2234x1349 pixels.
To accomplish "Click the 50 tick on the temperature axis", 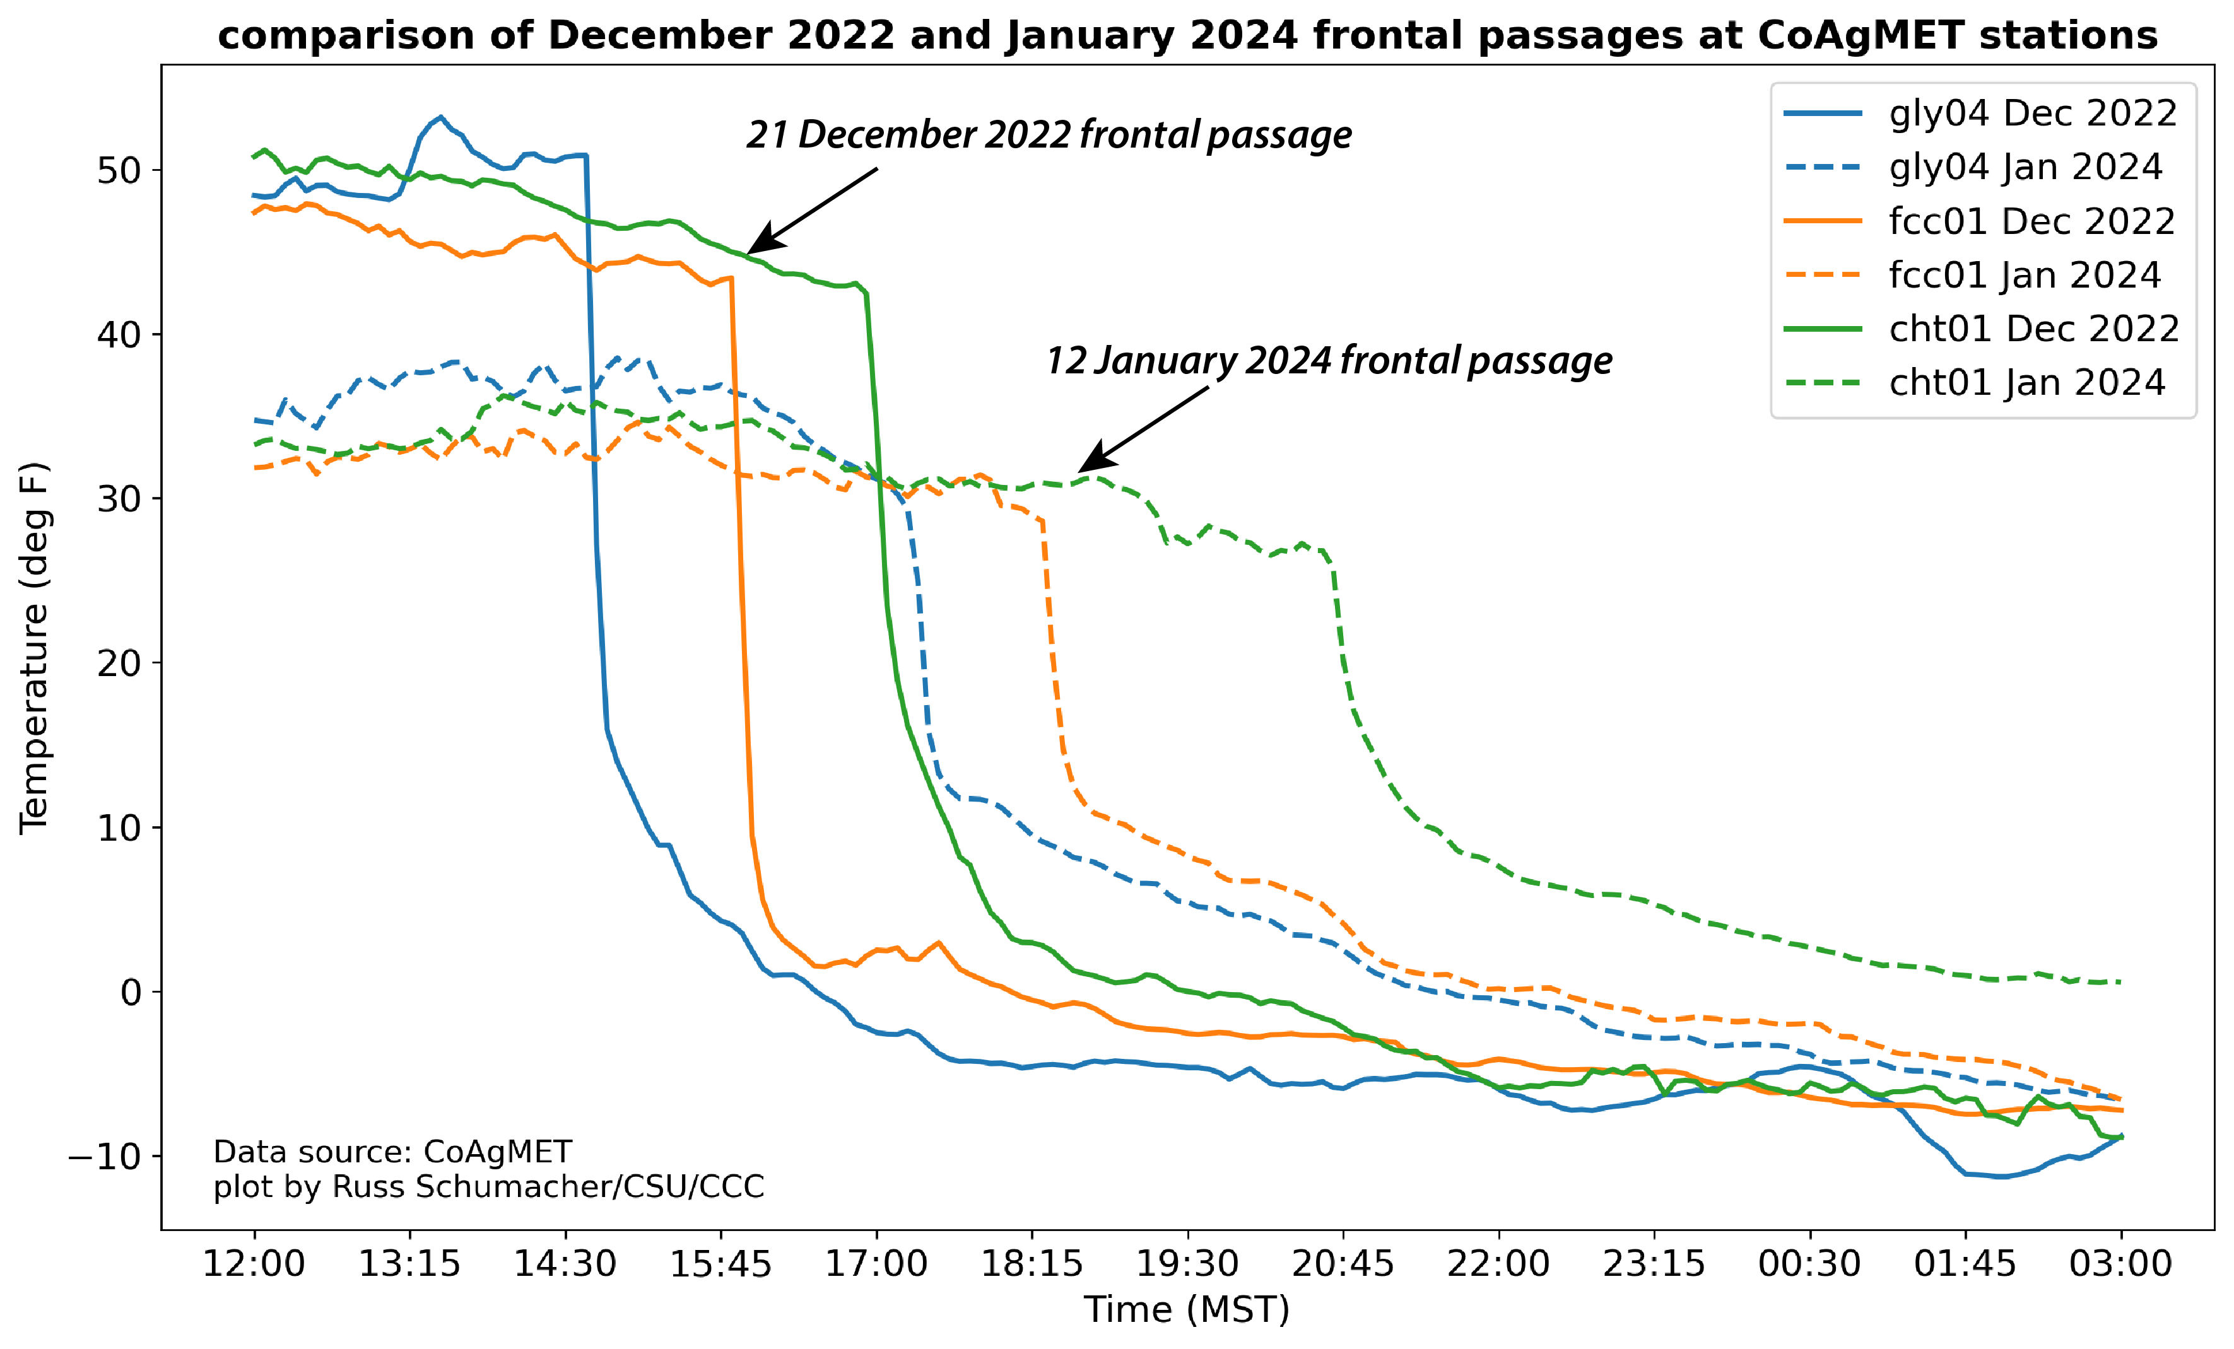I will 119,170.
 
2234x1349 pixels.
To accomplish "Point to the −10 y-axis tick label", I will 104,1157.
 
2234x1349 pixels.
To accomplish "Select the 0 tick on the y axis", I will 131,993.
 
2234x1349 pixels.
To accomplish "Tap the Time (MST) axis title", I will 1187,1310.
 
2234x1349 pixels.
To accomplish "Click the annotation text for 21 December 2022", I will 1049,135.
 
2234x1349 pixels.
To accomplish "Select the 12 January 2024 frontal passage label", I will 1329,361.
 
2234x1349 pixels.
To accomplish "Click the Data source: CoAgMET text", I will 392,1152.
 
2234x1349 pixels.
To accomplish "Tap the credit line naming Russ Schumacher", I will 488,1187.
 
